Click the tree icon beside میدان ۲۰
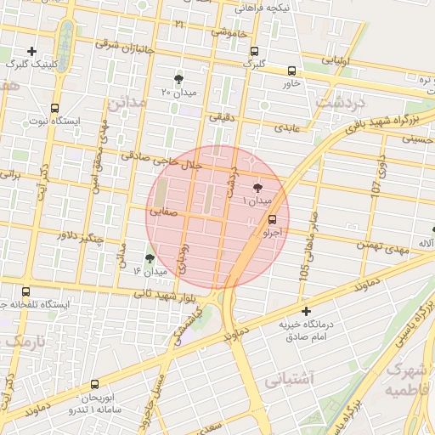point(178,78)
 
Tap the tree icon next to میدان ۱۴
point(150,257)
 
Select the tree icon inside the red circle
point(257,188)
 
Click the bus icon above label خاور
point(291,71)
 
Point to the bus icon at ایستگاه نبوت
point(55,108)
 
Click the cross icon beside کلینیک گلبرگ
point(31,51)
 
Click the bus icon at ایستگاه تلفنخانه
point(25,291)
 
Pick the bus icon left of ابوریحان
point(93,385)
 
